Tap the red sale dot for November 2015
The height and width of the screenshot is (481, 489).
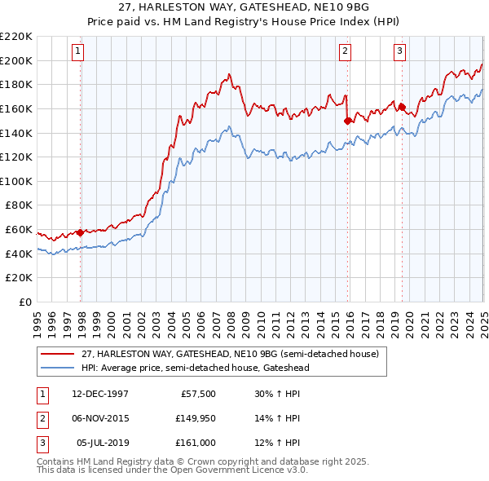click(348, 121)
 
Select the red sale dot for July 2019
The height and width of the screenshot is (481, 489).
click(402, 106)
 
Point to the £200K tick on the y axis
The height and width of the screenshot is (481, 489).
click(16, 60)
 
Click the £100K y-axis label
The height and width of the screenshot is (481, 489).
click(16, 181)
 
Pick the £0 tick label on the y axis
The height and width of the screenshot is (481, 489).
click(26, 302)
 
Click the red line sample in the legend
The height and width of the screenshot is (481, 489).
click(58, 355)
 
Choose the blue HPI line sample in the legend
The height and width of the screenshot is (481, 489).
click(58, 368)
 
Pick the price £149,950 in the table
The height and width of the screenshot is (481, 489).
click(193, 418)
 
